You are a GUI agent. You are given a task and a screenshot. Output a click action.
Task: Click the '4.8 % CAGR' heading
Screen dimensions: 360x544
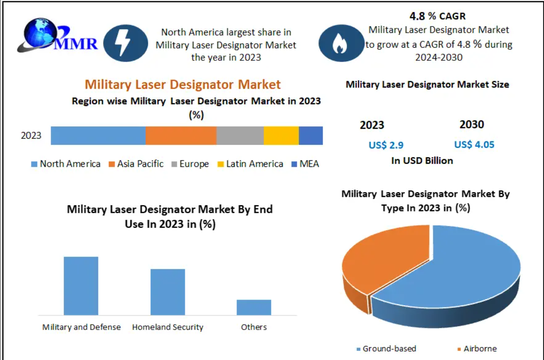pos(438,16)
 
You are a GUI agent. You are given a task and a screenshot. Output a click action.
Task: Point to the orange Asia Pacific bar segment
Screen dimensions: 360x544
pos(181,136)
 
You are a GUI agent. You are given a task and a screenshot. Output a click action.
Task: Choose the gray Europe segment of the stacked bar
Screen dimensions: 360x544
pos(240,136)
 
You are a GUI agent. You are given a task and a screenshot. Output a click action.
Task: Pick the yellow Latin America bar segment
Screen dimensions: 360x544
pos(281,136)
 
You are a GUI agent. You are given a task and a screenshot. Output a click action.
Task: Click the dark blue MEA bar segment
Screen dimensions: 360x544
pos(311,136)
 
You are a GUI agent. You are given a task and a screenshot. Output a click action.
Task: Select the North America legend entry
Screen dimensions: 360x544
pos(66,164)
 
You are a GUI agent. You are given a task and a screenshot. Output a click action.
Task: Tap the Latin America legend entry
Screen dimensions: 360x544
pos(250,164)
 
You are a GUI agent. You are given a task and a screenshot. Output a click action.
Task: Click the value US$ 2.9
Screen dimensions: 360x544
pos(386,145)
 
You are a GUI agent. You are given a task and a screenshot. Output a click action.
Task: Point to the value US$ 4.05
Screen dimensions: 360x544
pos(474,145)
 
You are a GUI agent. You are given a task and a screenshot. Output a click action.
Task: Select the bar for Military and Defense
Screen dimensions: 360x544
pos(81,286)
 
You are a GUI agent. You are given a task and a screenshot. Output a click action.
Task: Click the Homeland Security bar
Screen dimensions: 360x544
pos(167,292)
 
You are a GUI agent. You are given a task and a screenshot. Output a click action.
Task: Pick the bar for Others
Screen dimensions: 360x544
pos(254,307)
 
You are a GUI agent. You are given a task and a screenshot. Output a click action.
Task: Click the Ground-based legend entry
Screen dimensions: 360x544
pos(386,349)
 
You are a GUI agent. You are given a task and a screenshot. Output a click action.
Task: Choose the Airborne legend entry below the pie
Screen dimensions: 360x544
pos(477,349)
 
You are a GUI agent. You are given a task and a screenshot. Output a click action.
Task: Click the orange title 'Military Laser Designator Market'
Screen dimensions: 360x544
pos(183,84)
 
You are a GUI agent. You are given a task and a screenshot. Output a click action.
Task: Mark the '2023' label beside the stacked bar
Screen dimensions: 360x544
pos(31,135)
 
